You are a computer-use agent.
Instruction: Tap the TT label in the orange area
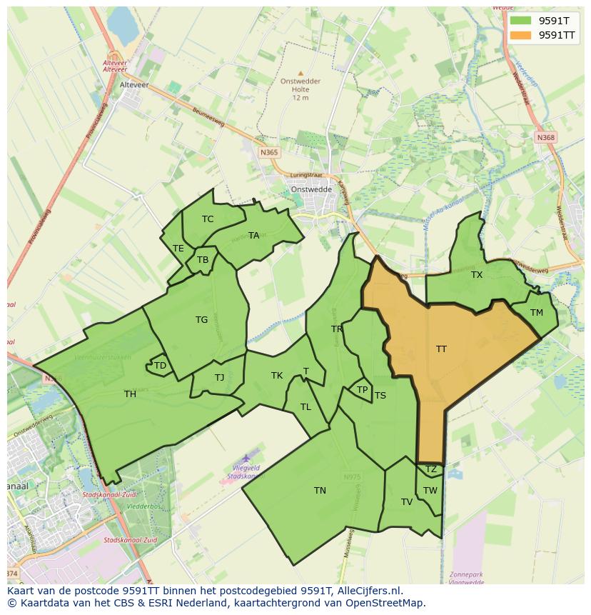(441, 349)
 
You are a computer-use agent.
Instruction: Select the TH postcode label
(130, 394)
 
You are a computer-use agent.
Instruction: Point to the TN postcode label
(320, 491)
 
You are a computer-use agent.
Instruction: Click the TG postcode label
(201, 320)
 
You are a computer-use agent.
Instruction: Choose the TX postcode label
(477, 275)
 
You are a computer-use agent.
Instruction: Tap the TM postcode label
(537, 313)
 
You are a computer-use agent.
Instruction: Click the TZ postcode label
(430, 469)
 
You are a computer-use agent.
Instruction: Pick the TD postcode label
(160, 366)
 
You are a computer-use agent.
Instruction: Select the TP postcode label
(362, 390)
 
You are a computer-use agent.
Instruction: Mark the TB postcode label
(203, 260)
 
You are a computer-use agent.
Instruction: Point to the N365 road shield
(268, 152)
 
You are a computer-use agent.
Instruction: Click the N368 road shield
(546, 137)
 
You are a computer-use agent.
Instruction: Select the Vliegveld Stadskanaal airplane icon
(247, 457)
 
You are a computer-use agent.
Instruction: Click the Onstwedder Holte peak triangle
(300, 73)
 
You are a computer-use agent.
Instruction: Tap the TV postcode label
(407, 502)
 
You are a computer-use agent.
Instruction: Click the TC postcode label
(208, 219)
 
